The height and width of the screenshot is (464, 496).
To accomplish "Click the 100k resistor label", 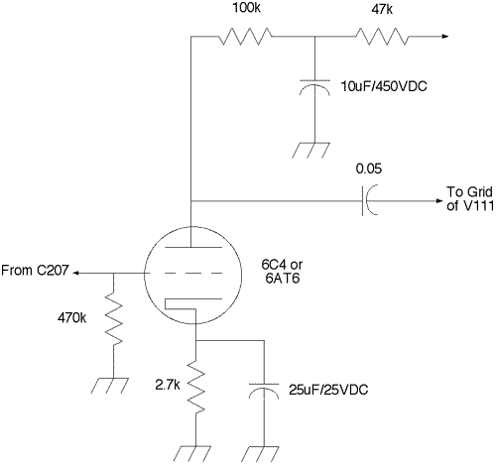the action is click(x=246, y=7).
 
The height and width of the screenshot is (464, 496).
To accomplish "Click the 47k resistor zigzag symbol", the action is click(x=382, y=36).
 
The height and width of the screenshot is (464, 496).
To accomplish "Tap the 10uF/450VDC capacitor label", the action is click(x=384, y=86).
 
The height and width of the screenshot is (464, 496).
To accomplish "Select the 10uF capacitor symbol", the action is click(x=314, y=87).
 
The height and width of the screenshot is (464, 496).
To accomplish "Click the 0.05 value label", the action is click(x=369, y=169).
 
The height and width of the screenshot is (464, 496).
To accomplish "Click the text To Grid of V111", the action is click(x=470, y=198).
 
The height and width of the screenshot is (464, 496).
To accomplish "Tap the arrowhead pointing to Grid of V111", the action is click(x=439, y=201).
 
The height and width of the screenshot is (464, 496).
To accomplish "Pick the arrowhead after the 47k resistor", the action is click(x=445, y=36).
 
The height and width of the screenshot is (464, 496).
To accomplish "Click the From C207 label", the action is click(x=35, y=271).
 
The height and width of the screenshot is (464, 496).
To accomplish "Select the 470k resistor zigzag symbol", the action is click(x=113, y=320).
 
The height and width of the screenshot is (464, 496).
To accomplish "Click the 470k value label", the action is click(x=71, y=318).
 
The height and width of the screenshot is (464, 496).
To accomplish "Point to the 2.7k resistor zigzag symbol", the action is click(x=195, y=388).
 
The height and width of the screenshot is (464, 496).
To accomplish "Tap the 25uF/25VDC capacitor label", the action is click(x=328, y=390).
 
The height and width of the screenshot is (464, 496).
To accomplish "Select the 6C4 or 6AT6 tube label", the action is click(x=282, y=272).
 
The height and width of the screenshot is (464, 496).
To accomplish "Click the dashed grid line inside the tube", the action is click(x=183, y=274).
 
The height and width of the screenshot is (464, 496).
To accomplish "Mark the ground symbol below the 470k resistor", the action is click(x=110, y=386).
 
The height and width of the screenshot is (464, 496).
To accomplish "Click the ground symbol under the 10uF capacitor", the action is click(x=311, y=151).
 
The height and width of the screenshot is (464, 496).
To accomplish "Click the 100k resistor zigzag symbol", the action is click(x=245, y=36).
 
